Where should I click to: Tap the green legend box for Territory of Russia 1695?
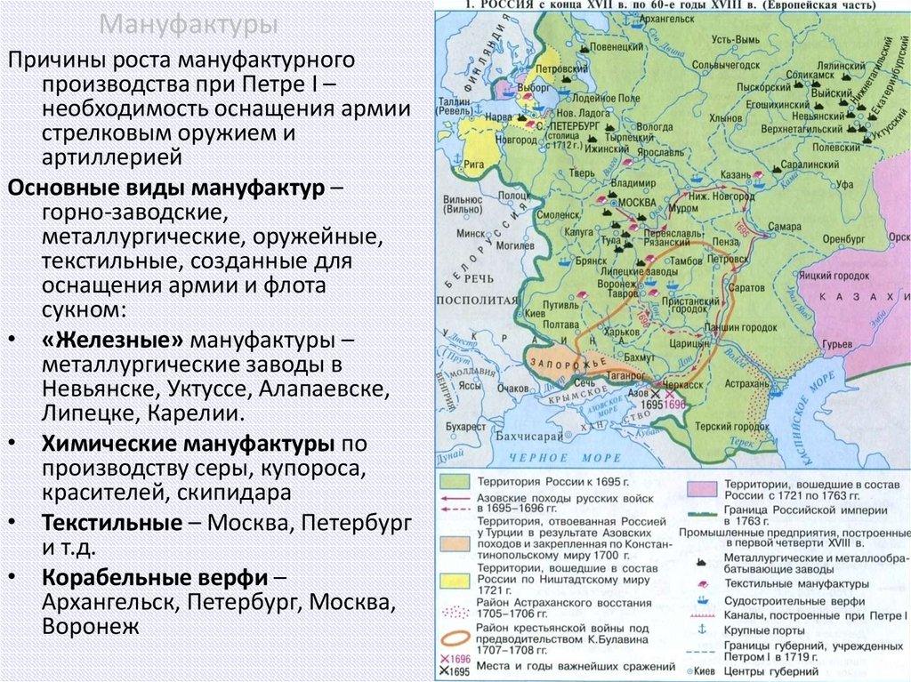point(452,481)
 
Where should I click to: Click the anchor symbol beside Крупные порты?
point(701,630)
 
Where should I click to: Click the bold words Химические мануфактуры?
point(188,444)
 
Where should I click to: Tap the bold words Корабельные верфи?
point(152,578)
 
